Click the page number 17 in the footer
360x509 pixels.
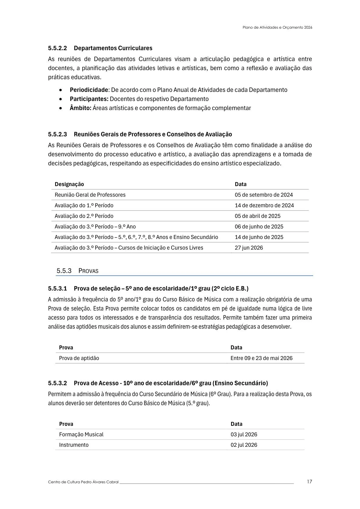point(309,481)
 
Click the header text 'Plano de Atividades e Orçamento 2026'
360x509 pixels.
point(277,27)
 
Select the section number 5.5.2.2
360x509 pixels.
point(57,48)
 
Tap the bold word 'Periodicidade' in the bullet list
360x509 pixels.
point(89,90)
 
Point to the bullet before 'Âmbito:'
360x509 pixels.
point(61,108)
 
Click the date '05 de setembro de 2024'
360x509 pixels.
point(263,195)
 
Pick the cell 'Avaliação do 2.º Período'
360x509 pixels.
point(84,216)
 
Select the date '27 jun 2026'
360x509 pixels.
point(249,248)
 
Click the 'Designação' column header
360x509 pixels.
point(69,184)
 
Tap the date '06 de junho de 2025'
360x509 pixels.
point(259,227)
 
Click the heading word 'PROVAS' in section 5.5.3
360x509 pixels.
point(88,271)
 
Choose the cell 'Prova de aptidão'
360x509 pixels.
point(79,358)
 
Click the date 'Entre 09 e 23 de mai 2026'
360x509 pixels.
point(261,358)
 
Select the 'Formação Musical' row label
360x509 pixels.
point(81,434)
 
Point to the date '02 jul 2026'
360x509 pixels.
point(244,445)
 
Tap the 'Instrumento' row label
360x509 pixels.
point(74,445)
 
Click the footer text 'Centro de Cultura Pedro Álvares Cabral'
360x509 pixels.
point(83,482)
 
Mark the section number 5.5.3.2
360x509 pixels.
point(57,383)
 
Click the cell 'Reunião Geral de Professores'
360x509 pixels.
point(90,195)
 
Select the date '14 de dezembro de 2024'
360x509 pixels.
point(264,205)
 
